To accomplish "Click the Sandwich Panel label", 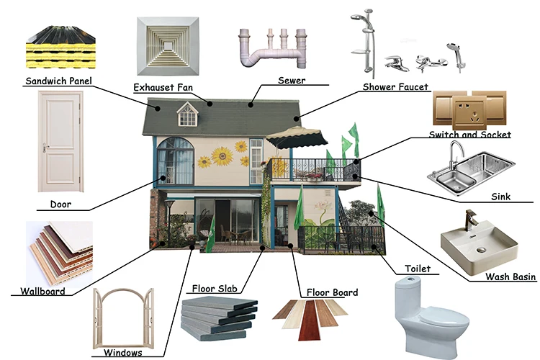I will point(58,80).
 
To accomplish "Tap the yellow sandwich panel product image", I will point(60,45).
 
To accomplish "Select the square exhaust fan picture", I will point(168,45).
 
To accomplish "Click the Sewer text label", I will point(291,81).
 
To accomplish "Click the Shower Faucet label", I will point(396,87).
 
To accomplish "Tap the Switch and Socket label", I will point(469,135).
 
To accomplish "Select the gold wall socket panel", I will point(471,110).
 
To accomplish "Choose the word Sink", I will point(500,195).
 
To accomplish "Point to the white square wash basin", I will point(479,245).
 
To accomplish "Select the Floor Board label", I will point(333,293).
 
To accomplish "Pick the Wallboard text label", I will point(42,292).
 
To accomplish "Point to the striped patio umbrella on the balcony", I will point(297,135).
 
